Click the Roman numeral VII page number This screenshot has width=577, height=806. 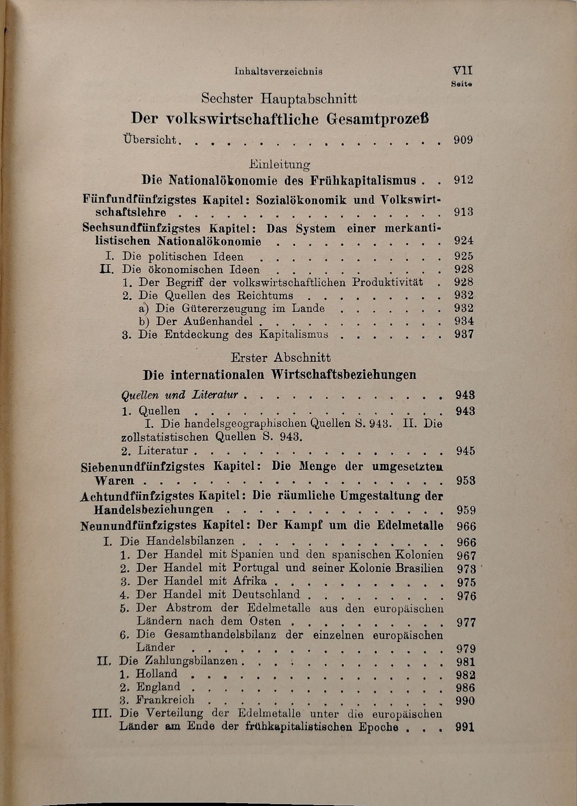point(462,71)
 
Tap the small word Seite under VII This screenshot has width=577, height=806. point(461,85)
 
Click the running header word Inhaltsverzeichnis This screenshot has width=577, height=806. point(278,72)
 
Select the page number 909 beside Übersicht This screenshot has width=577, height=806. point(463,140)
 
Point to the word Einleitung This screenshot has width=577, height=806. point(280,164)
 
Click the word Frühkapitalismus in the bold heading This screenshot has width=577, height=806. point(363,180)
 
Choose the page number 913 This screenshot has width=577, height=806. point(463,212)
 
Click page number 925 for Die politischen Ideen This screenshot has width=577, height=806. point(463,256)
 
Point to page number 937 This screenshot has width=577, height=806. point(464,334)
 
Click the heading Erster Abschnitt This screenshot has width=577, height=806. point(281,357)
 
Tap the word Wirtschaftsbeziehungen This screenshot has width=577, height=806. point(344,375)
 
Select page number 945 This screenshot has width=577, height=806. point(466,451)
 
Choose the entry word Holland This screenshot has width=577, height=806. point(156,674)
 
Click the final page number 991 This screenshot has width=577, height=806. point(465,727)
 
